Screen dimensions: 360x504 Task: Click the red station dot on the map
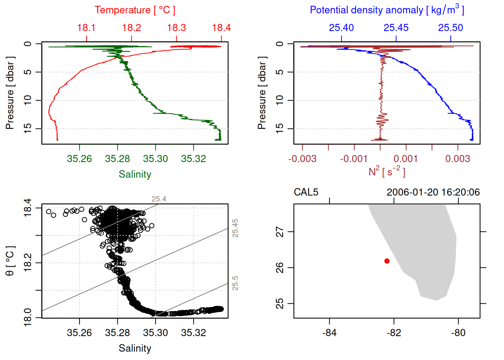387,261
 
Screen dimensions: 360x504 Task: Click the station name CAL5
306,192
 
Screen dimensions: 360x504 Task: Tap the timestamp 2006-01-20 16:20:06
433,192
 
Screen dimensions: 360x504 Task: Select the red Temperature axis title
135,10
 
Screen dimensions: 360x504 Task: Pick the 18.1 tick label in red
86,28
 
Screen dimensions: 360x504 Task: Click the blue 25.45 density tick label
396,28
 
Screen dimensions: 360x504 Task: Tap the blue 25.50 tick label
450,28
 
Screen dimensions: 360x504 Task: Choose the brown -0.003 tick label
302,159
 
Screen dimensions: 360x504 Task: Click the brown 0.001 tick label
406,159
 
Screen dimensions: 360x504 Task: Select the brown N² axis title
387,172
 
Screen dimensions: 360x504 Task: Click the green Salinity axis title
135,174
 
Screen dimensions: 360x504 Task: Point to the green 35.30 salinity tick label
156,159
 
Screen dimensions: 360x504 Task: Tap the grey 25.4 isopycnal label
159,199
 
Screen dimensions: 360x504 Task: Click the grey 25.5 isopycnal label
235,283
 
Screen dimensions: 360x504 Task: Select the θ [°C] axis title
10,261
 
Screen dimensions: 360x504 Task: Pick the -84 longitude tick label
329,333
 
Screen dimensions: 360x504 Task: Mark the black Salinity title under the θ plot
135,348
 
